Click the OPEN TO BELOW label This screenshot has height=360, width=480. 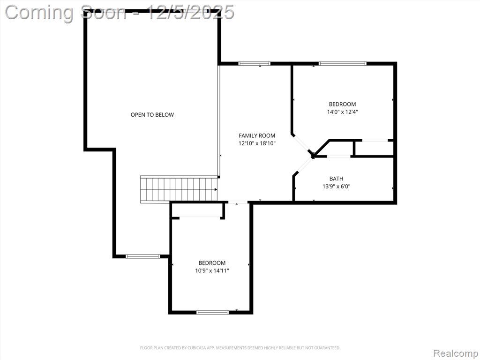pyautogui.click(x=152, y=115)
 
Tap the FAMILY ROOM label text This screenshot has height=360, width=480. pyautogui.click(x=257, y=135)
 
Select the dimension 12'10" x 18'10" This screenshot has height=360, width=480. pyautogui.click(x=257, y=143)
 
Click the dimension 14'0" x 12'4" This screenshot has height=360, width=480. pyautogui.click(x=343, y=112)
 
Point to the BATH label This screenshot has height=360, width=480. pyautogui.click(x=336, y=179)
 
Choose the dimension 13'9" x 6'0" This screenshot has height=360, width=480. pyautogui.click(x=336, y=186)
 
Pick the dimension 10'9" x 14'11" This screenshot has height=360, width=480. pyautogui.click(x=212, y=270)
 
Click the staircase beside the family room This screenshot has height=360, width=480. pyautogui.click(x=179, y=189)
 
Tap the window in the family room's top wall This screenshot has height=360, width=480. pyautogui.click(x=255, y=64)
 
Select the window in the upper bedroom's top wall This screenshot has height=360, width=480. pyautogui.click(x=343, y=64)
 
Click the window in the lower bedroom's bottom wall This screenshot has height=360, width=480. pyautogui.click(x=212, y=312)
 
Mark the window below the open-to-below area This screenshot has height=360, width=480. pyautogui.click(x=143, y=256)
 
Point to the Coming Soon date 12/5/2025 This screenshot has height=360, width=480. pyautogui.click(x=191, y=13)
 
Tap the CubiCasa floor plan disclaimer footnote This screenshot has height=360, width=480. pyautogui.click(x=240, y=348)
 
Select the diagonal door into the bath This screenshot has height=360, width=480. pyautogui.click(x=303, y=166)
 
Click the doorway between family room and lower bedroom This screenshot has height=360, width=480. pyautogui.click(x=238, y=202)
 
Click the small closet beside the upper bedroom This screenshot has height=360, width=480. pyautogui.click(x=374, y=149)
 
